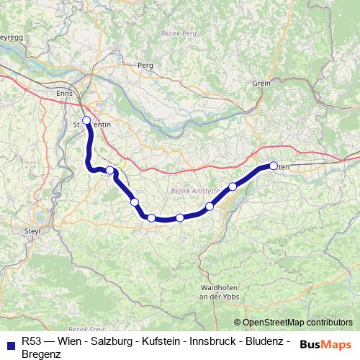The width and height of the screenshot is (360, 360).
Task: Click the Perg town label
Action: coord(146,66)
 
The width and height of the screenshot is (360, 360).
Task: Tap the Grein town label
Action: coord(261,84)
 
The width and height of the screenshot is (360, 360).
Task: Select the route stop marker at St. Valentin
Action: coord(86,120)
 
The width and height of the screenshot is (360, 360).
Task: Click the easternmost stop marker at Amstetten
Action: coord(274,166)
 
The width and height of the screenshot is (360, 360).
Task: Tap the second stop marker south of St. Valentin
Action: coord(135,202)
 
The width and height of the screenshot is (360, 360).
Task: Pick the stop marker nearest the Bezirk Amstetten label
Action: coord(210,207)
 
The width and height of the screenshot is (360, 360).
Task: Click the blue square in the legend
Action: coord(10,343)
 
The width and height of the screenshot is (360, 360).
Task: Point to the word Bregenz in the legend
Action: coord(42,353)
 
